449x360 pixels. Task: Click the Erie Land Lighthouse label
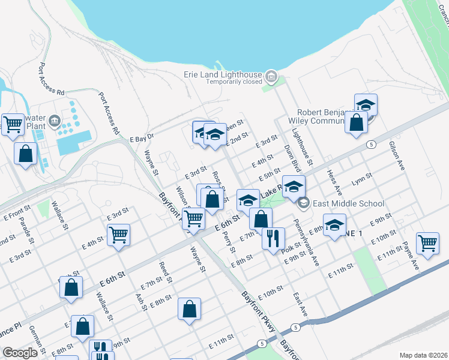pyautogui.click(x=222, y=74)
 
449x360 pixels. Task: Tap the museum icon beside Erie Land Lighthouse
pyautogui.click(x=271, y=77)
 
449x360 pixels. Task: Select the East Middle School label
pyautogui.click(x=348, y=203)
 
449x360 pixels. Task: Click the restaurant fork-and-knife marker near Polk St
pyautogui.click(x=273, y=238)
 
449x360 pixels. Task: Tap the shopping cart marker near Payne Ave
pyautogui.click(x=427, y=244)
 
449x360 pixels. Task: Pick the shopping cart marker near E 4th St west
pyautogui.click(x=118, y=235)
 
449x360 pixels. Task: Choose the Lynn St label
pyautogui.click(x=362, y=179)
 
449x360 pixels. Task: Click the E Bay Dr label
pyautogui.click(x=142, y=137)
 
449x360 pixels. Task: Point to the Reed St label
pyautogui.click(x=166, y=272)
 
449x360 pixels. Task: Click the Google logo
pyautogui.click(x=20, y=353)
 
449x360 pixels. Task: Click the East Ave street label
pyautogui.click(x=300, y=305)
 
